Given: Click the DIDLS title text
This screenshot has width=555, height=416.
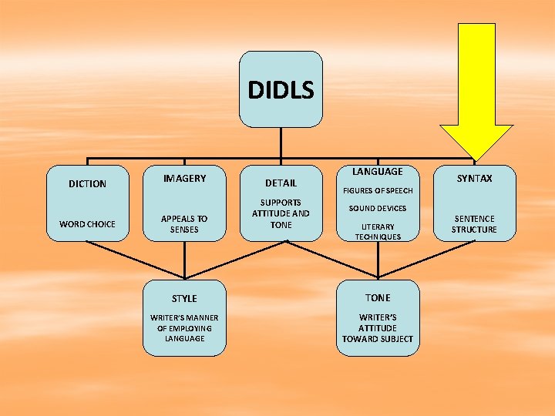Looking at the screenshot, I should pos(281,91).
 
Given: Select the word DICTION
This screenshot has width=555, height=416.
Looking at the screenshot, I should pos(87,184).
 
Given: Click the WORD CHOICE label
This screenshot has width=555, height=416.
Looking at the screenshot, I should pos(87,224).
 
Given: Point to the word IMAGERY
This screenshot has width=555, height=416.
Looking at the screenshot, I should pos(184,179).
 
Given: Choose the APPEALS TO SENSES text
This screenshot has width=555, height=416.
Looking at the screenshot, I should pos(184,224).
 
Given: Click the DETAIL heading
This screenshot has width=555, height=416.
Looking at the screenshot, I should pos(281,183).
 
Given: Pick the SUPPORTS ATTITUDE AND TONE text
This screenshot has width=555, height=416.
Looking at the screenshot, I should pos(281,213).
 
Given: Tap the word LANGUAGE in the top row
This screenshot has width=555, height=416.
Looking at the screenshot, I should pos(378,171).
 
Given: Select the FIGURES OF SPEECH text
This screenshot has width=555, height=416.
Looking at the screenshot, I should pos(378,190).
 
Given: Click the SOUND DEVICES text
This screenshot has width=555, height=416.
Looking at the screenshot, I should pos(378,209).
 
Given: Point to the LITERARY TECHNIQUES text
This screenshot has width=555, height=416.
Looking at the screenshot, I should pos(378,232).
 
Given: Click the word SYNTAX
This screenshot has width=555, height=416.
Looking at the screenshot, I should pos(474,179).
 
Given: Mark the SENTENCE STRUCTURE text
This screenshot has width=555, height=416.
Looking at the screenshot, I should pos(474,224).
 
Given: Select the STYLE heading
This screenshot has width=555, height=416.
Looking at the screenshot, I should pos(184,298).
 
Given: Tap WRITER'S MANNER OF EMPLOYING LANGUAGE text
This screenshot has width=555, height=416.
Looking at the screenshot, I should pos(184,328).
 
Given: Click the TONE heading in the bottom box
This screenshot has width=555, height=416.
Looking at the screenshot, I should pos(378,297).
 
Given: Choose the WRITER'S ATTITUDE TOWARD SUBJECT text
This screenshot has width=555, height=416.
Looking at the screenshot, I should pos(378,328).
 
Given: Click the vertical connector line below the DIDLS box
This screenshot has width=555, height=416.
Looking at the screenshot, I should pos(281,143).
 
